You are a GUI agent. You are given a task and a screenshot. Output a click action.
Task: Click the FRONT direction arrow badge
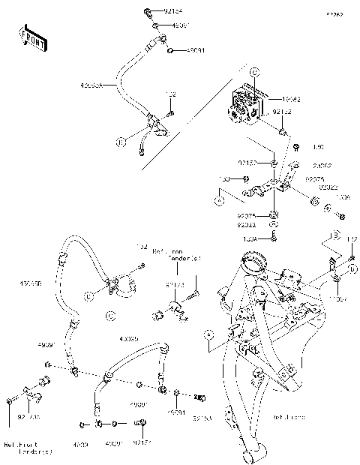point(32,38)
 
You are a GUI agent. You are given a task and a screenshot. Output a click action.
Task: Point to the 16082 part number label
point(289,98)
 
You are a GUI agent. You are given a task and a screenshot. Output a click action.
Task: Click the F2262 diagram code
point(334,14)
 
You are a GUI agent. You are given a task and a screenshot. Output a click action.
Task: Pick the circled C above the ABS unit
point(253,72)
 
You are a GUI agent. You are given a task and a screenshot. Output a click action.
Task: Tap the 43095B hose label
point(31,284)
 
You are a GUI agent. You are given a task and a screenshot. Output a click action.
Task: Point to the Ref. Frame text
point(289,417)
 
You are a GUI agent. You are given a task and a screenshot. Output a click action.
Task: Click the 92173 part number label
point(174,284)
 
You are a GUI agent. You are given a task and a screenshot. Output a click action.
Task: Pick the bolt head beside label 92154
point(147,13)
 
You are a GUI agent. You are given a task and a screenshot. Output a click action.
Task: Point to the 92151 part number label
point(142,444)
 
